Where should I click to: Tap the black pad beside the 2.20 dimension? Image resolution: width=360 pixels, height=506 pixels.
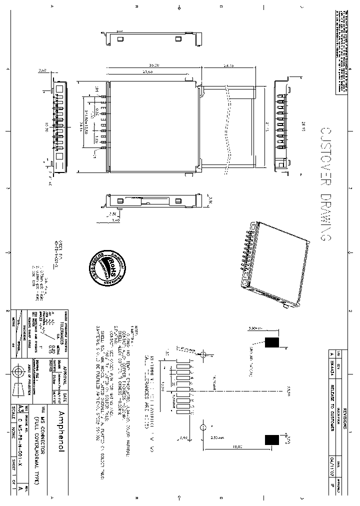271,439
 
